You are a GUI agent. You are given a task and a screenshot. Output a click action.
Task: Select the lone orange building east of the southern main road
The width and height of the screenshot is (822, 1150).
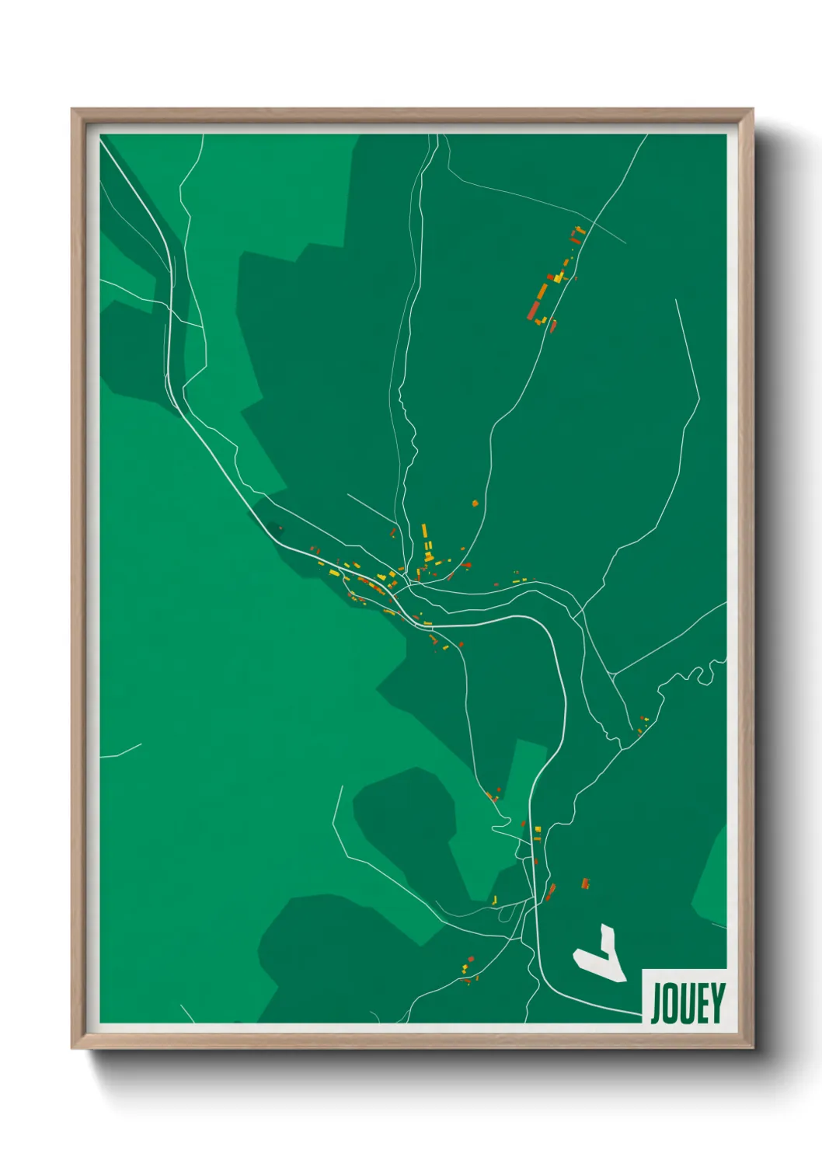tap(586, 883)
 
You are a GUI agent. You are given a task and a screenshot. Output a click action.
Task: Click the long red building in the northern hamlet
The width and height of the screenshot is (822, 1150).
tap(534, 310)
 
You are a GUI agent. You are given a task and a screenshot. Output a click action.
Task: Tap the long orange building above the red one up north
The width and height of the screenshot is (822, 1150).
tap(542, 291)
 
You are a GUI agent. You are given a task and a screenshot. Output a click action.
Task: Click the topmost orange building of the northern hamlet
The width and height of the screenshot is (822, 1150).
tap(577, 231)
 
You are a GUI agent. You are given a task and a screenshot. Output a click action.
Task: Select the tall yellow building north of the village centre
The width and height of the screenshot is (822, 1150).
tap(424, 531)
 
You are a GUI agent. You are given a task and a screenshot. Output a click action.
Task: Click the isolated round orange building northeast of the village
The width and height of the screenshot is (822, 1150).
tap(475, 504)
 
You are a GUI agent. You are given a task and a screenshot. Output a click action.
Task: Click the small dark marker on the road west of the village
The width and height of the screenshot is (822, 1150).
tap(280, 528)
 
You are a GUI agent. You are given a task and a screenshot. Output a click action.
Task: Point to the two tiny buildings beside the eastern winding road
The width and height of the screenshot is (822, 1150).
tap(642, 724)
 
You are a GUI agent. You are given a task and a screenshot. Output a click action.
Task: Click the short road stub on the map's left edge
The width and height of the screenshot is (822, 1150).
tap(120, 751)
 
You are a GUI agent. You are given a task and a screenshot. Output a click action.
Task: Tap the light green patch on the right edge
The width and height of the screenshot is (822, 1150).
tap(712, 878)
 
